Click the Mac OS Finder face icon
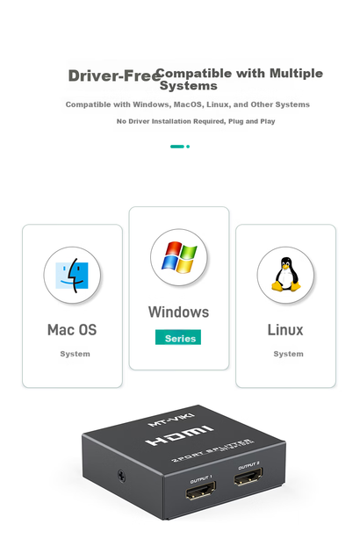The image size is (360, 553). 72,276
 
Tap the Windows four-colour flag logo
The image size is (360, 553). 179,257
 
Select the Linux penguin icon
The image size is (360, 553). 286,275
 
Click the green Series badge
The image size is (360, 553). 178,337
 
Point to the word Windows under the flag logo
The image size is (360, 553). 178,312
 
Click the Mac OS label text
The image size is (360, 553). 72,330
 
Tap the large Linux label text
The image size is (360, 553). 285,330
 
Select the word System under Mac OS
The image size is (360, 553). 75,354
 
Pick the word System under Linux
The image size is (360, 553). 288,354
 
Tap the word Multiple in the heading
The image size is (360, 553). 296,74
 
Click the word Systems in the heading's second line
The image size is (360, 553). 189,86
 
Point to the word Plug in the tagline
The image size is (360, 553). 235,121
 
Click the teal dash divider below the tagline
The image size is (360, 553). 176,147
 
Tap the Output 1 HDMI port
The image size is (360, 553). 201,491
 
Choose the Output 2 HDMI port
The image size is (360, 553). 248,476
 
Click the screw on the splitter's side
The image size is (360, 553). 121,476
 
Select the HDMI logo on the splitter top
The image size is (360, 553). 180,435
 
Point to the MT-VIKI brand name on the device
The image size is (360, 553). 171,420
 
